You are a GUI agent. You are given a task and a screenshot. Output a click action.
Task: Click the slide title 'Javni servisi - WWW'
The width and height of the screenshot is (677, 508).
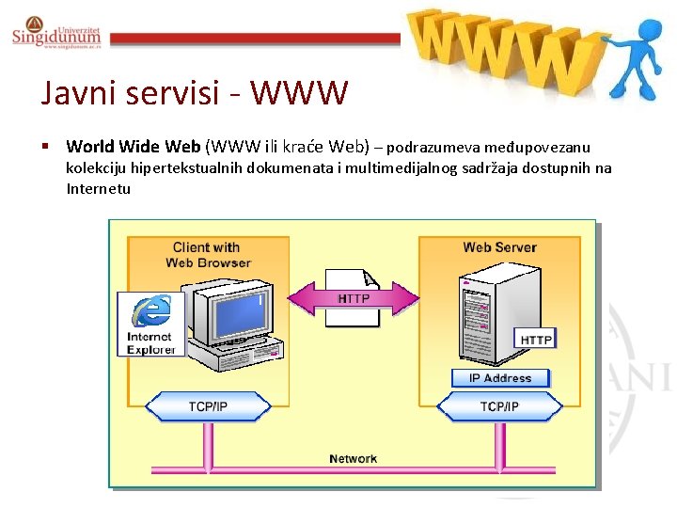195,93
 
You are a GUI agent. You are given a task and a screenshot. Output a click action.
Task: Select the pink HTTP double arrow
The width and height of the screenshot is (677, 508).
353,298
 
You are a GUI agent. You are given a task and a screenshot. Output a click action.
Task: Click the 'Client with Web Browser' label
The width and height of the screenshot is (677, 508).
208,255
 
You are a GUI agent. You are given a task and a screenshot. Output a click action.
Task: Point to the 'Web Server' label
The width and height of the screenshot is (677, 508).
499,247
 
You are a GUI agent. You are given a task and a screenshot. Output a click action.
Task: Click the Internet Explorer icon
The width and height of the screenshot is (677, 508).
150,324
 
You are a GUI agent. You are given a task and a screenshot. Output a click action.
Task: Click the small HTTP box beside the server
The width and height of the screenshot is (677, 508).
536,339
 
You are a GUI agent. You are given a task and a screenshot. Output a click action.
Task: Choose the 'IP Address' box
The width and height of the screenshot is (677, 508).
499,378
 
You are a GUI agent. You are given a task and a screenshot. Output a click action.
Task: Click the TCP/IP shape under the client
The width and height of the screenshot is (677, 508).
208,406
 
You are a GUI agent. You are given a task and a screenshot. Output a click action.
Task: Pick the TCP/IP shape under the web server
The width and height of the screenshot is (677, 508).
499,406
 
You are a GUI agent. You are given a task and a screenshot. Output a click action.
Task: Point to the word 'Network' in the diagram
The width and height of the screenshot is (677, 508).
353,459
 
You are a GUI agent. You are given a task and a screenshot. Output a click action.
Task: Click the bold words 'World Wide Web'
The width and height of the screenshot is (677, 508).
133,147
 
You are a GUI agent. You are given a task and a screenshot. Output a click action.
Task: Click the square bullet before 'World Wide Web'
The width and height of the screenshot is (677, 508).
44,147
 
